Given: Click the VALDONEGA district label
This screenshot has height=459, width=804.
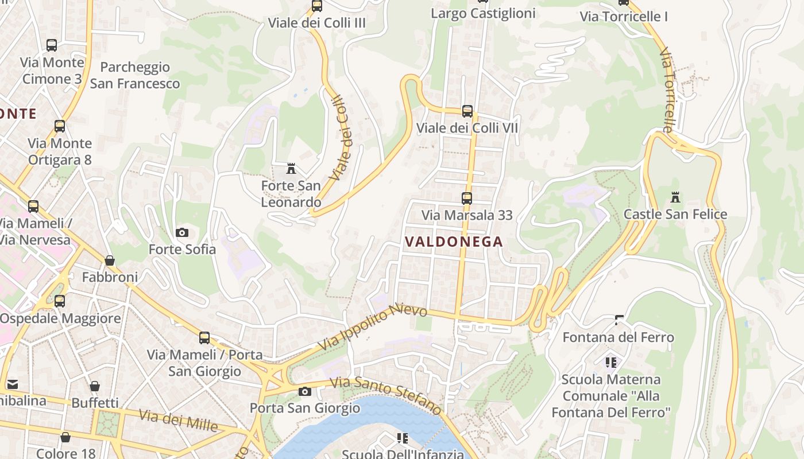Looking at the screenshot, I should pyautogui.click(x=454, y=242).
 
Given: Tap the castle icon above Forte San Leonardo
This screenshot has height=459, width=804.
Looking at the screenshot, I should pyautogui.click(x=291, y=169).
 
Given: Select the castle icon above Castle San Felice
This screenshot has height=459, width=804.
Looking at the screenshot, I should pyautogui.click(x=675, y=197).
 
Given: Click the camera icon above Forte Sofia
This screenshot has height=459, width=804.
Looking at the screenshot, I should pyautogui.click(x=182, y=232).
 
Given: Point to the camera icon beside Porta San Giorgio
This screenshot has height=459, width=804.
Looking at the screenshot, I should pyautogui.click(x=305, y=391).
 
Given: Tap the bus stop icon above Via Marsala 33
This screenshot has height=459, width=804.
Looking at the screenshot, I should pyautogui.click(x=467, y=199).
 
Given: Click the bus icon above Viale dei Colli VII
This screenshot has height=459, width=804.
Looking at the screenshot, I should pyautogui.click(x=467, y=111).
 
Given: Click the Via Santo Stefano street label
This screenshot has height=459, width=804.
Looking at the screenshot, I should pyautogui.click(x=386, y=395).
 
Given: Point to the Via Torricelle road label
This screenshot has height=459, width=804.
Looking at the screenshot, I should pyautogui.click(x=667, y=91).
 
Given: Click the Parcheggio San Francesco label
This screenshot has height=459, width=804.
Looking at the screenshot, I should pyautogui.click(x=135, y=75).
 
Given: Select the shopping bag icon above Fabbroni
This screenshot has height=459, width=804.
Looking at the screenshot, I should pyautogui.click(x=110, y=260).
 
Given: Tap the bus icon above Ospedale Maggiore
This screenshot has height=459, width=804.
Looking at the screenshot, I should pyautogui.click(x=60, y=301).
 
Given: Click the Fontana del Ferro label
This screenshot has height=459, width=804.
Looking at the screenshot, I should pyautogui.click(x=618, y=337).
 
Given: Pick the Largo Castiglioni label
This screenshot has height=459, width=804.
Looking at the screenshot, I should pyautogui.click(x=483, y=13).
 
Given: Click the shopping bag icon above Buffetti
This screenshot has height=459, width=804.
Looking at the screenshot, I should pyautogui.click(x=95, y=386).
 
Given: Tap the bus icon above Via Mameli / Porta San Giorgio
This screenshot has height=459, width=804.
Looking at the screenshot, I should pyautogui.click(x=204, y=338).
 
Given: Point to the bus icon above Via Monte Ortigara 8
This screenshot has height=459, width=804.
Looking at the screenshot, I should pyautogui.click(x=60, y=126).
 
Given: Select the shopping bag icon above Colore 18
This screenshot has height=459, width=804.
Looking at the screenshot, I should pyautogui.click(x=65, y=437).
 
